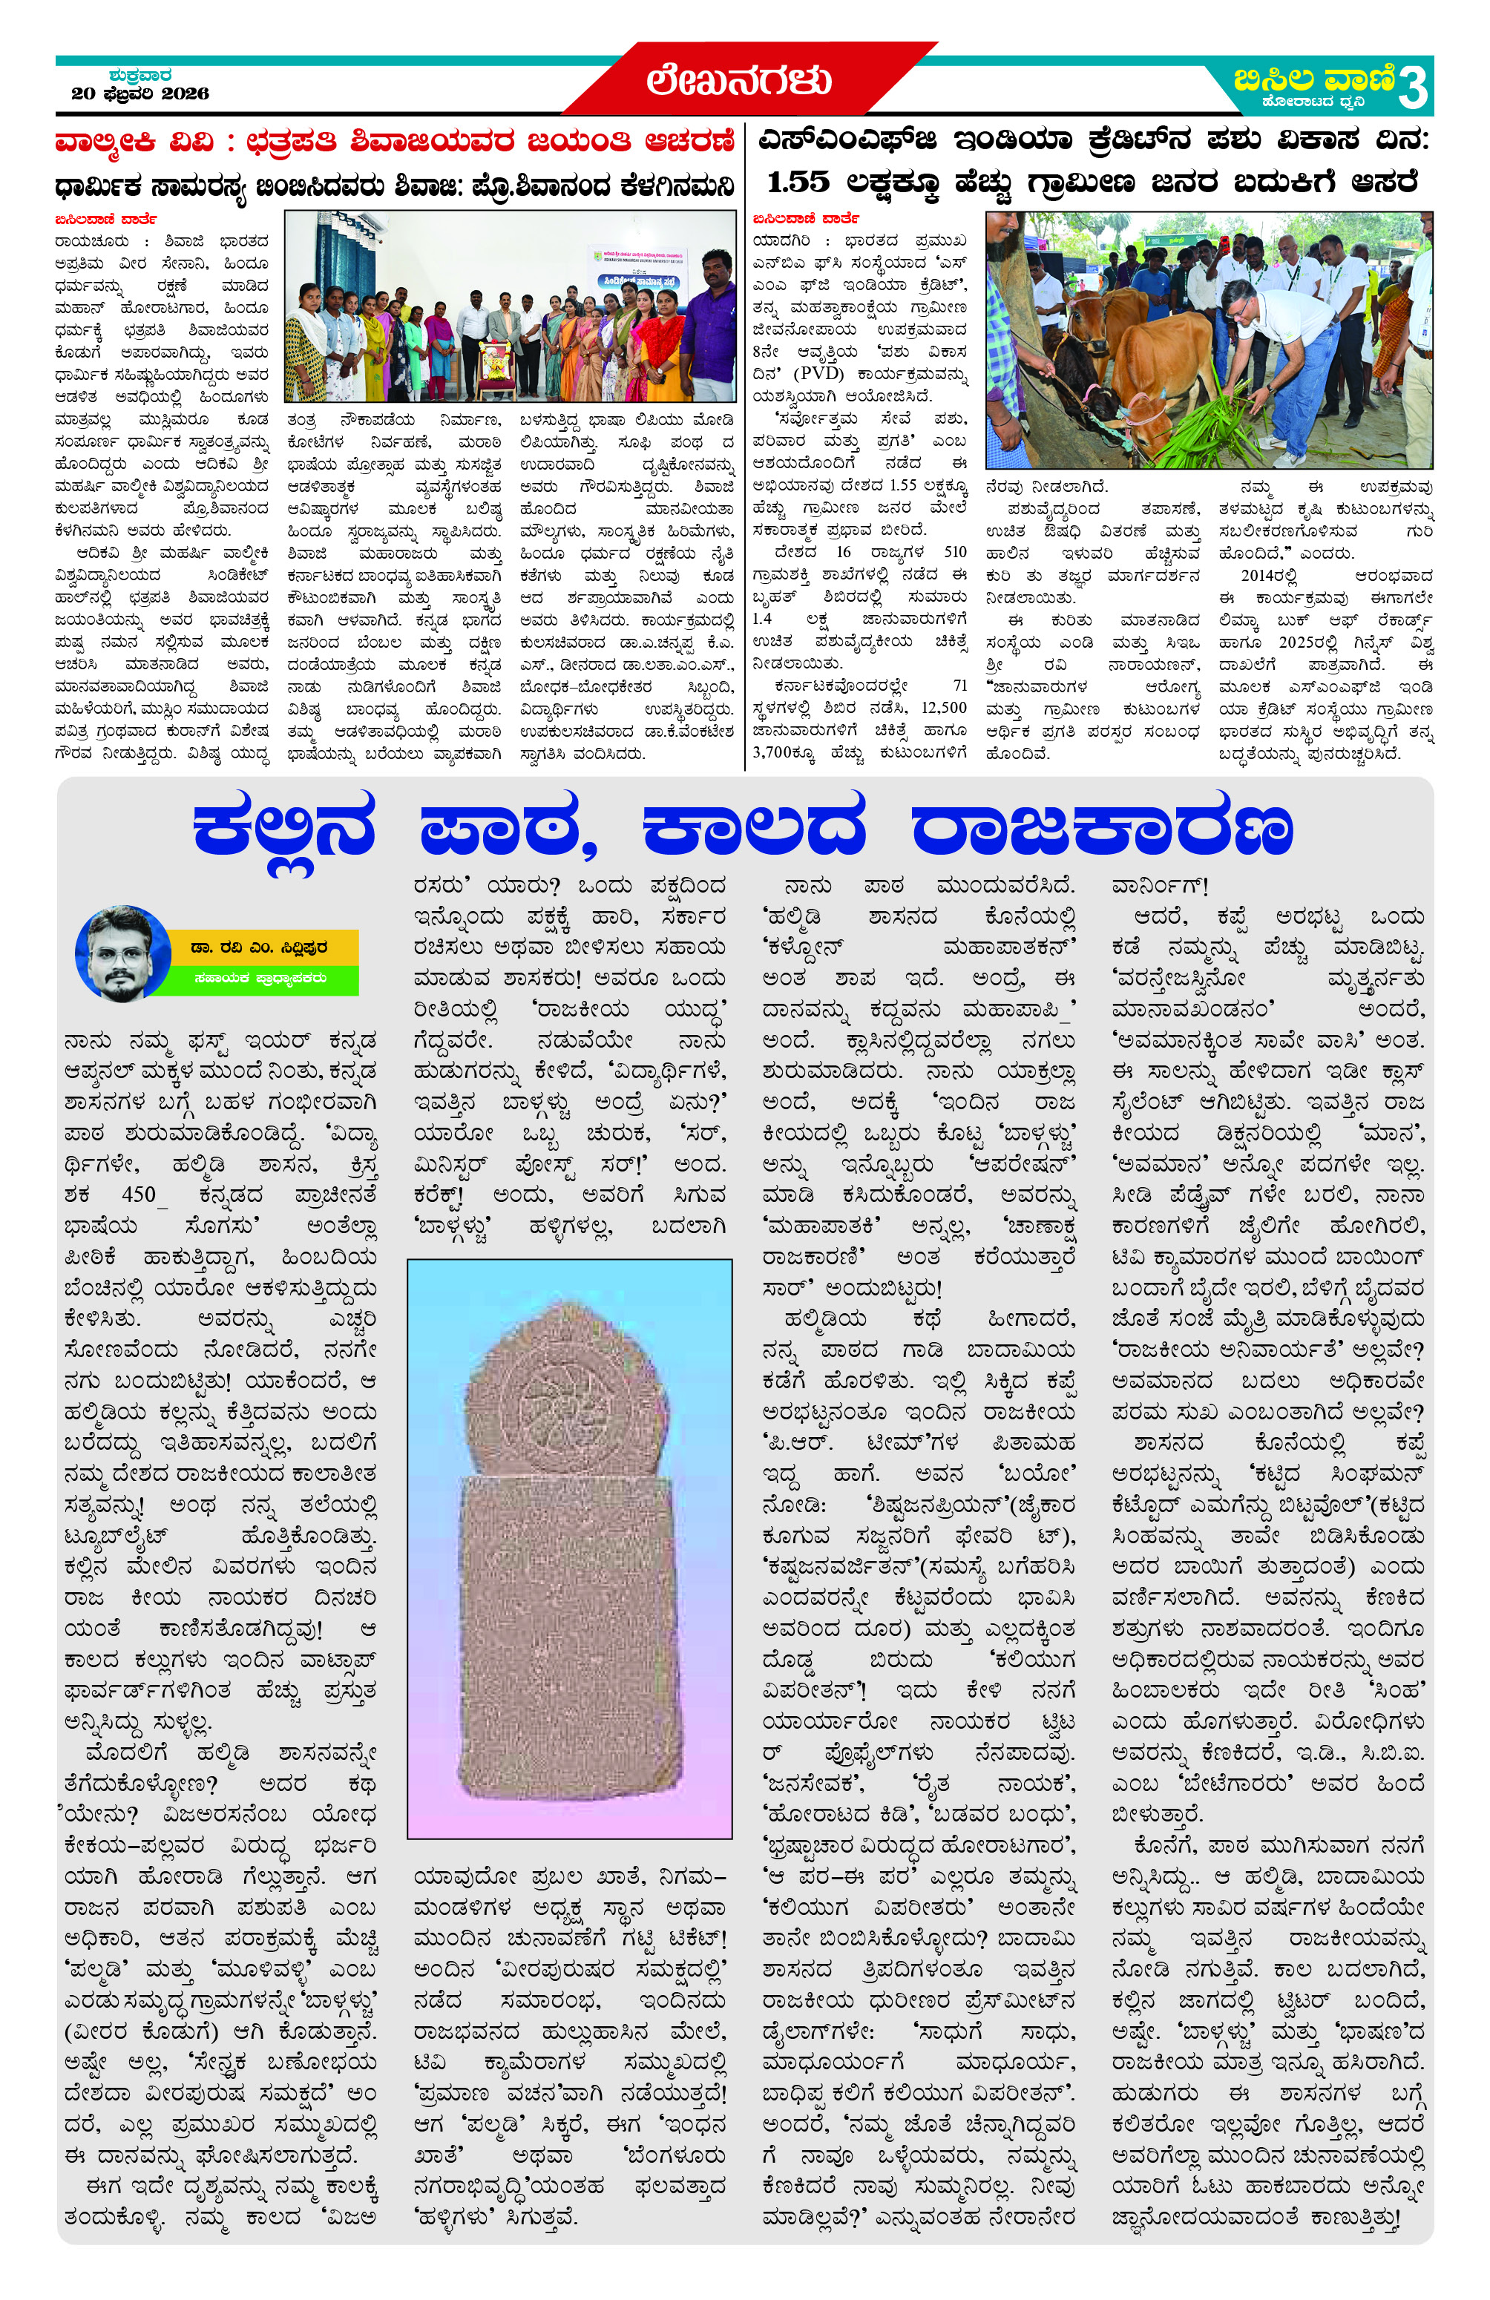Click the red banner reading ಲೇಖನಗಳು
coord(739,80)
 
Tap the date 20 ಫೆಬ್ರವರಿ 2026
coord(140,93)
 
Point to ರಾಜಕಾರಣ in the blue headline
coord(1102,829)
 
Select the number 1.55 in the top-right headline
coord(798,182)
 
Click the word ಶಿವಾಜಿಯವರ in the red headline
coord(444,142)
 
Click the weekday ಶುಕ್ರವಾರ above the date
coord(141,74)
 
